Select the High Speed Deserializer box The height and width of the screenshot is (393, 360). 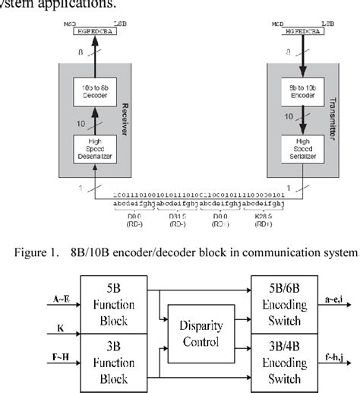pos(89,147)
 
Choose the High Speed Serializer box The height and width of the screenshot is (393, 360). pos(298,147)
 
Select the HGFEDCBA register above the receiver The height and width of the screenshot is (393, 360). pos(89,32)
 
